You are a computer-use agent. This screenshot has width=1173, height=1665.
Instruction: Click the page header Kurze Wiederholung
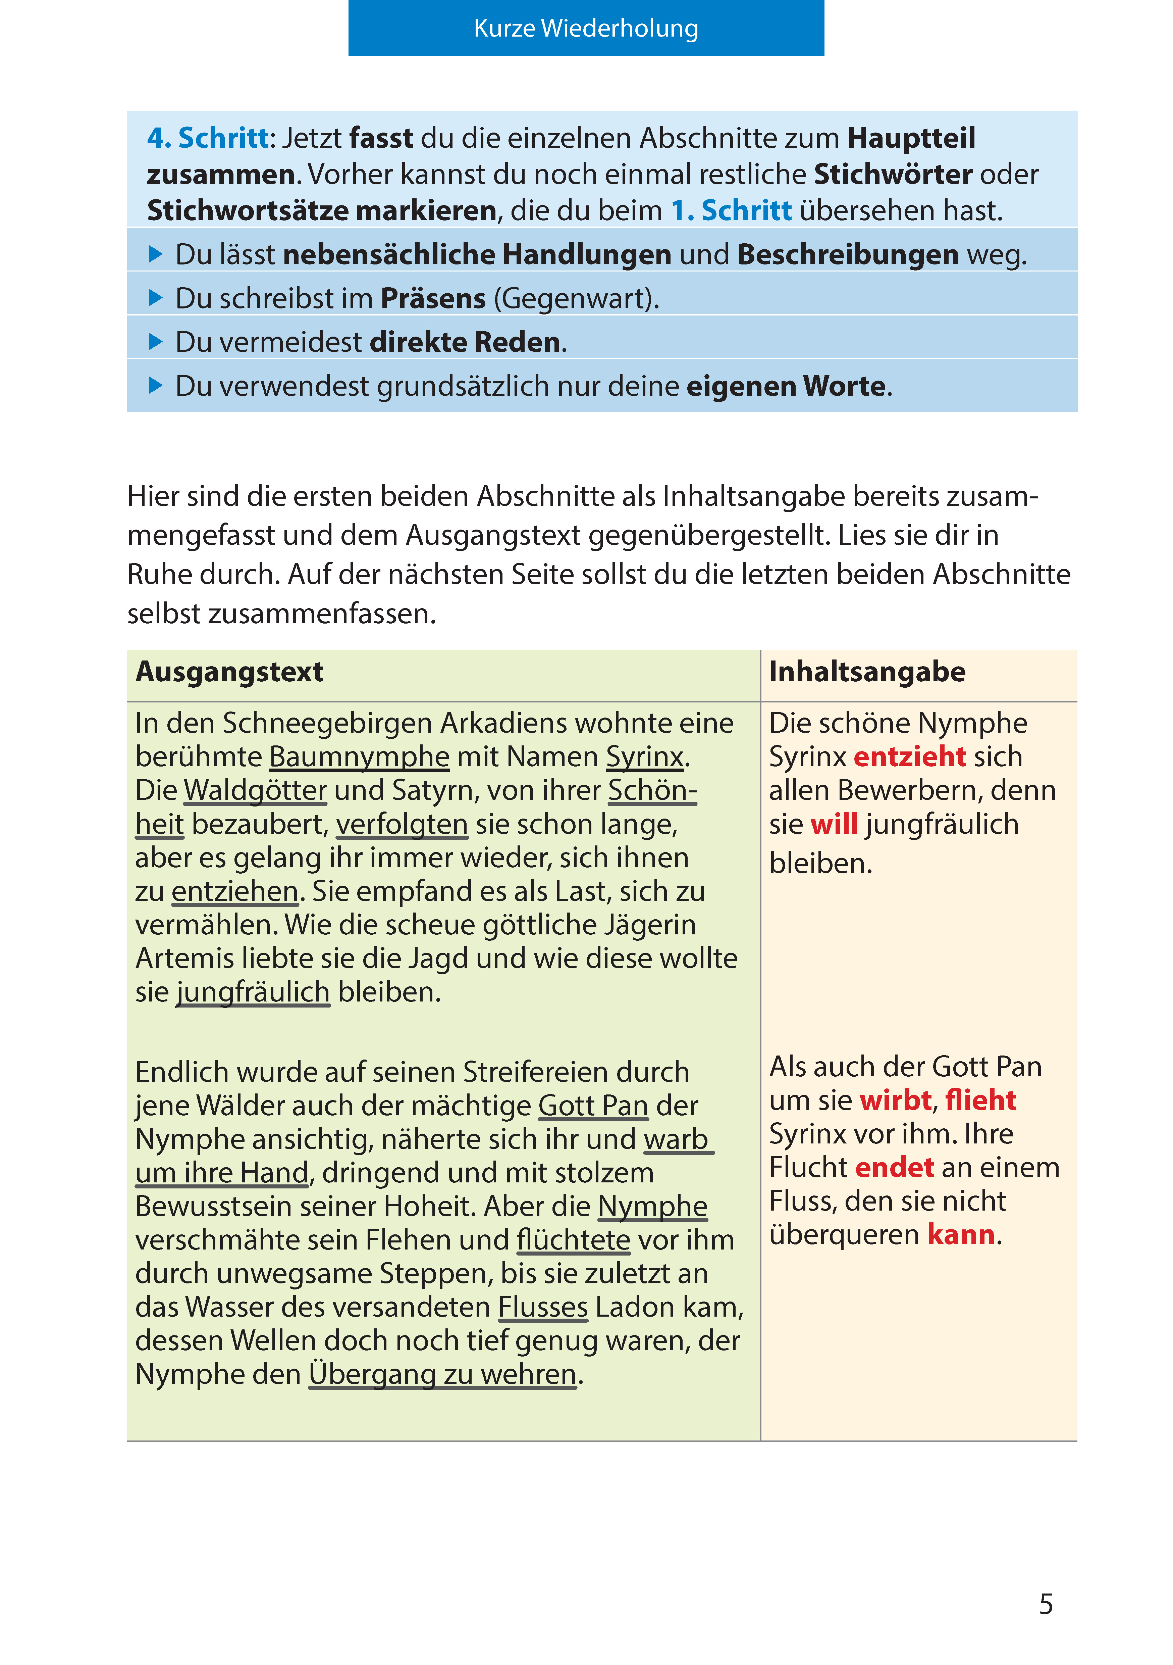586,28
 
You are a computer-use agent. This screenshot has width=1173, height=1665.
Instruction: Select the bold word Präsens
433,299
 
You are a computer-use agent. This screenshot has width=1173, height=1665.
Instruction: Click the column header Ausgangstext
229,672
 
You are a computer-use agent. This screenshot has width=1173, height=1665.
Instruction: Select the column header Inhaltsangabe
867,672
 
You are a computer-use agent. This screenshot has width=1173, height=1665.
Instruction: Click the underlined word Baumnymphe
360,757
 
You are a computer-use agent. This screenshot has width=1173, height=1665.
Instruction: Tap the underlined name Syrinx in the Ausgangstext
644,757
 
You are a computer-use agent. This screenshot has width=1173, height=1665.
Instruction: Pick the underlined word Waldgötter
255,790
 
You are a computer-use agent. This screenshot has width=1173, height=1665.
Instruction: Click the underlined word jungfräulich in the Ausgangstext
253,992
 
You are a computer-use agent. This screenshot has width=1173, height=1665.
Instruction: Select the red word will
834,825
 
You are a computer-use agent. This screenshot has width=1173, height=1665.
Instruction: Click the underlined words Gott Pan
593,1106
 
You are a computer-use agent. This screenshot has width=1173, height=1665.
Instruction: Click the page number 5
1046,1604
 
